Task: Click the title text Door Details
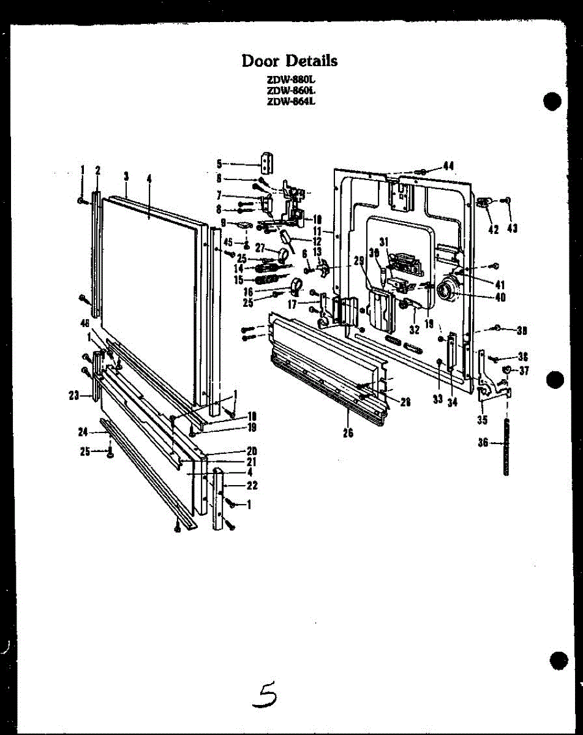click(x=289, y=61)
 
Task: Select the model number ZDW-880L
click(x=290, y=80)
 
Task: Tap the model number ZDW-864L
click(x=290, y=102)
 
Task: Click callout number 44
click(x=448, y=165)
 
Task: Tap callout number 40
click(x=500, y=298)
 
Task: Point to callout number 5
click(x=219, y=164)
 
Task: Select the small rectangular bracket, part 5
click(x=267, y=162)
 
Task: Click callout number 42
click(x=493, y=229)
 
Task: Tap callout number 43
click(x=512, y=229)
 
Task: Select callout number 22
click(x=252, y=485)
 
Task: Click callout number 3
click(x=126, y=176)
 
